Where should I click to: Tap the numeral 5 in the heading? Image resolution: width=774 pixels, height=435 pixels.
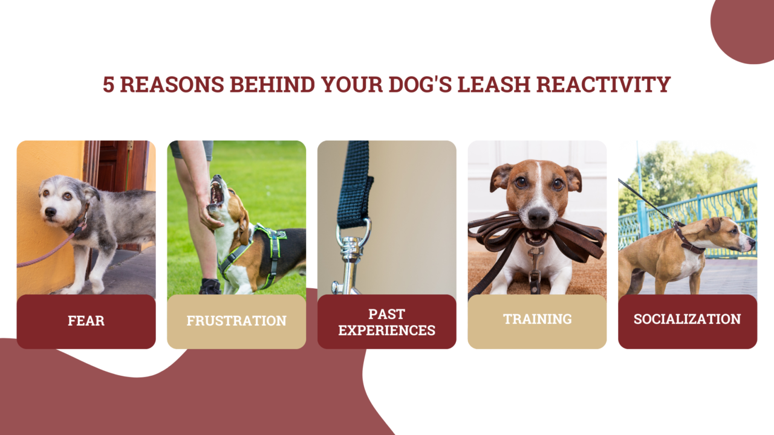108,85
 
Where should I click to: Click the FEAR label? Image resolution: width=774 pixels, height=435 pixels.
86,321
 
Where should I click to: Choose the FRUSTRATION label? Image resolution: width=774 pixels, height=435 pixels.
236,321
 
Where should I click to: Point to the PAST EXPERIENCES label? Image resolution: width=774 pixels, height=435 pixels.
387,322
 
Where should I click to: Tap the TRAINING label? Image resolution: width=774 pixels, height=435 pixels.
537,319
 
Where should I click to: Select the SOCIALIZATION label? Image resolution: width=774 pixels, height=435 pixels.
687,319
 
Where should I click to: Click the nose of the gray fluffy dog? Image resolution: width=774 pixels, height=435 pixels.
50,212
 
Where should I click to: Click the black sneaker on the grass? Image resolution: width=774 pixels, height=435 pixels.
210,286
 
